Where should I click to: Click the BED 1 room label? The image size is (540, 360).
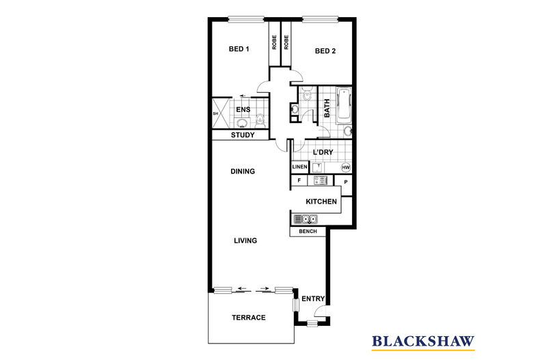[x=239, y=49]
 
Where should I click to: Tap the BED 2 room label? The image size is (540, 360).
[x=325, y=51]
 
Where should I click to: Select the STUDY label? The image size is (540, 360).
[x=243, y=135]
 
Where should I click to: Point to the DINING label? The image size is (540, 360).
[x=243, y=171]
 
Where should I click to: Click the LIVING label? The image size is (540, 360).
[x=245, y=240]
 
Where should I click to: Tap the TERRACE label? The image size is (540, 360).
[x=249, y=318]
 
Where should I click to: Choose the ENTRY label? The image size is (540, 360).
[x=313, y=299]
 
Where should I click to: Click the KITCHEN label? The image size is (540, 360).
[x=321, y=202]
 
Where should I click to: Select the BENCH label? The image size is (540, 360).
[x=308, y=232]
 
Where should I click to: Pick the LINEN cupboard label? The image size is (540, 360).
[x=299, y=167]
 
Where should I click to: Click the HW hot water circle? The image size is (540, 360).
[x=346, y=167]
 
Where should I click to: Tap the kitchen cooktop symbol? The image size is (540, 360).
[x=321, y=181]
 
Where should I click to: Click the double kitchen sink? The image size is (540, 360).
[x=306, y=219]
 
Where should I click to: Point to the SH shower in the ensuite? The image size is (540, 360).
[x=220, y=113]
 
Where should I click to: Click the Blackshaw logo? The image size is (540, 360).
[x=423, y=342]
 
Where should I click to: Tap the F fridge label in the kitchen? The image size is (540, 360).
[x=299, y=180]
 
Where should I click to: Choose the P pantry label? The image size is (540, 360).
[x=346, y=182]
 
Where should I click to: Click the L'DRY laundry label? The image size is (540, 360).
[x=323, y=152]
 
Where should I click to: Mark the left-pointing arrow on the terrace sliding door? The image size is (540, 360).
[x=243, y=288]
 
